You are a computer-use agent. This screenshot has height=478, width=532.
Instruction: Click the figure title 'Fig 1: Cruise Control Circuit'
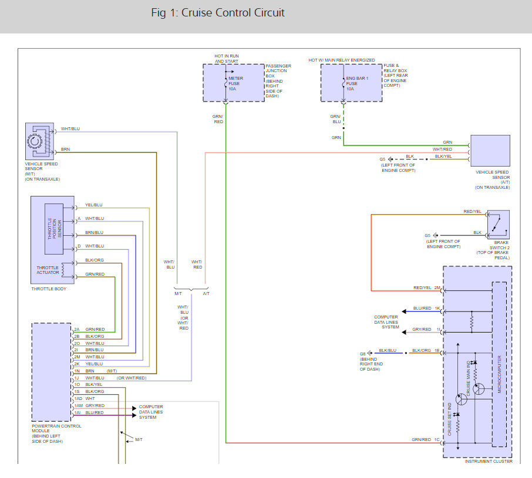pyautogui.click(x=218, y=13)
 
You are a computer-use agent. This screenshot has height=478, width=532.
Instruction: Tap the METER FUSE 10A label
pyautogui.click(x=235, y=84)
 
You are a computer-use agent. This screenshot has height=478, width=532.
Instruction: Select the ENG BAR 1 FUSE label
pyautogui.click(x=354, y=84)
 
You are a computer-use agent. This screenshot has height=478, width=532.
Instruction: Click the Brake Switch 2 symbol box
pyautogui.click(x=498, y=225)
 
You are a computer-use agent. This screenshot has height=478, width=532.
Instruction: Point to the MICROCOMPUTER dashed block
pyautogui.click(x=499, y=364)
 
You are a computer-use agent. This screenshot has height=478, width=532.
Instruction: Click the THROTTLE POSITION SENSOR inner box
pyautogui.click(x=53, y=228)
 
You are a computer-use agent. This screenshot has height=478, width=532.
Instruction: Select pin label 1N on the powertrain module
pyautogui.click(x=77, y=371)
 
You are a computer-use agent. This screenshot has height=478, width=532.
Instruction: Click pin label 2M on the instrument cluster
pyautogui.click(x=437, y=288)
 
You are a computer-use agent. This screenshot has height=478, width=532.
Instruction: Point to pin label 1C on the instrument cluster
pyautogui.click(x=437, y=439)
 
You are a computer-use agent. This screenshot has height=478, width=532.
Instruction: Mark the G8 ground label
pyautogui.click(x=363, y=354)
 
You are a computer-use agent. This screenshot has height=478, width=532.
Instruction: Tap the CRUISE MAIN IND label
pyautogui.click(x=469, y=379)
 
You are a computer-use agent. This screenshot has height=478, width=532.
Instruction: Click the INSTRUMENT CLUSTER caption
pyautogui.click(x=489, y=461)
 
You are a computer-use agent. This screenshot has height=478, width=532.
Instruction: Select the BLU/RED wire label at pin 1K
pyautogui.click(x=422, y=308)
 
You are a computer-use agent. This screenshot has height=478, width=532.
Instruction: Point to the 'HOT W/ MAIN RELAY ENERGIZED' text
pyautogui.click(x=342, y=60)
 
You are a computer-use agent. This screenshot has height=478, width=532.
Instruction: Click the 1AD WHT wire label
pyautogui.click(x=84, y=399)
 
